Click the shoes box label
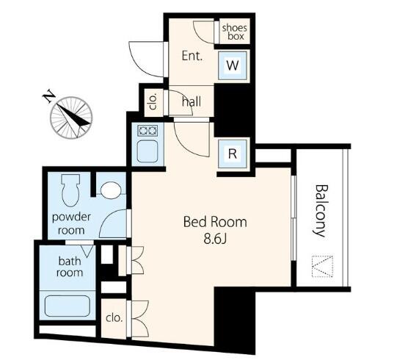pyautogui.click(x=234, y=32)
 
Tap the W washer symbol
pyautogui.click(x=233, y=66)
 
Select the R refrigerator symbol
pyautogui.click(x=233, y=154)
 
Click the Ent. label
pyautogui.click(x=192, y=56)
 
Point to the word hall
pyautogui.click(x=192, y=102)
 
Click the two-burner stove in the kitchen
pyautogui.click(x=147, y=131)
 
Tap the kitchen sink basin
pyautogui.click(x=147, y=151)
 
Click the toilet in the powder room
pyautogui.click(x=70, y=190)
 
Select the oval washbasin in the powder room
pyautogui.click(x=111, y=190)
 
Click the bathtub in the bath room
pyautogui.click(x=68, y=306)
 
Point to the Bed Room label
pyautogui.click(x=215, y=222)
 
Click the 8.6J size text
pyautogui.click(x=215, y=239)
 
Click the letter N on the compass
pyautogui.click(x=49, y=96)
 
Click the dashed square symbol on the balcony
pyautogui.click(x=322, y=266)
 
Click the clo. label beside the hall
pyautogui.click(x=153, y=101)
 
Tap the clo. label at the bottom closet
pyautogui.click(x=114, y=318)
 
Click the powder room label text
pyautogui.click(x=71, y=223)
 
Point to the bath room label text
pyautogui.click(x=70, y=267)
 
